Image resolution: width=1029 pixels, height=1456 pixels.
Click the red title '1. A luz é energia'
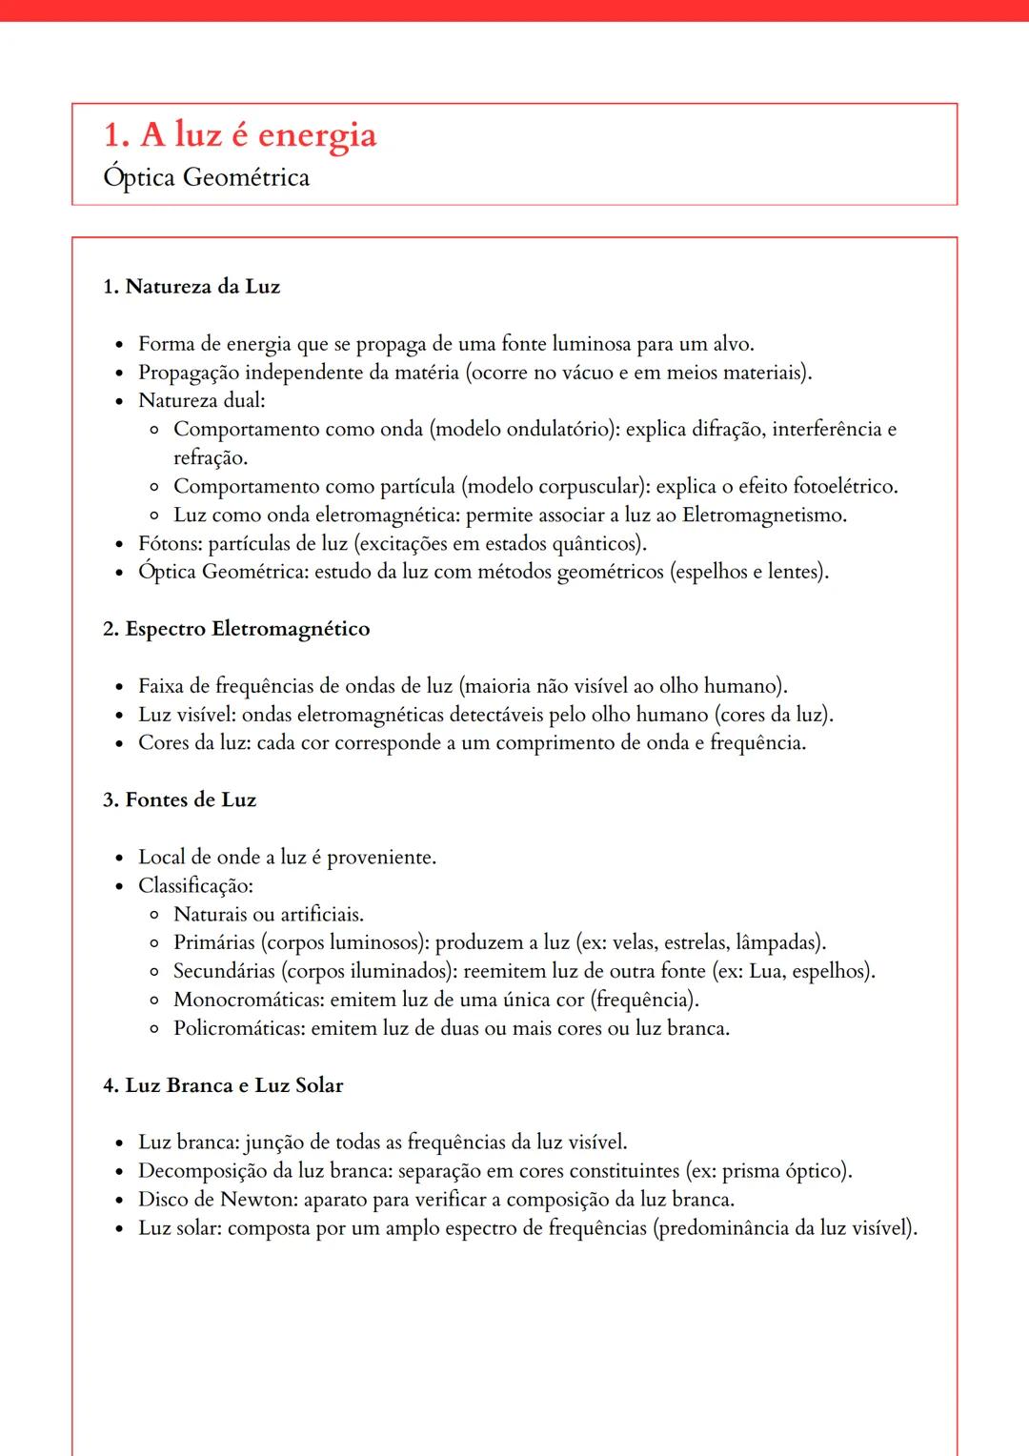[x=239, y=135]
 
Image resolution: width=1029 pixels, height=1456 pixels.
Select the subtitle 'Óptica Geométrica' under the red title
[x=206, y=178]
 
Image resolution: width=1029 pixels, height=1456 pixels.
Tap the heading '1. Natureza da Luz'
[x=192, y=287]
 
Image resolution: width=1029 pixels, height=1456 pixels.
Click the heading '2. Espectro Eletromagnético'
[x=236, y=629]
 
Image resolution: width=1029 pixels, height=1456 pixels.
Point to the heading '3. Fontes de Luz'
[x=179, y=800]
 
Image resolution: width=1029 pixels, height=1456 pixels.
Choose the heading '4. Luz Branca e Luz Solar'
[x=223, y=1085]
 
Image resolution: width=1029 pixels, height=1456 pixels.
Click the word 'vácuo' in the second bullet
[x=588, y=373]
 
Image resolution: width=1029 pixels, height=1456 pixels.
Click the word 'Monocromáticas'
[x=248, y=1000]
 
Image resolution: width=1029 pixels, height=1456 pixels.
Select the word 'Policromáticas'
[x=238, y=1028]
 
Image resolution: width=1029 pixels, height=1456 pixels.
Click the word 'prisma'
[x=752, y=1171]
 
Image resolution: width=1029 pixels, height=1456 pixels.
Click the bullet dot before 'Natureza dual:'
[x=119, y=402]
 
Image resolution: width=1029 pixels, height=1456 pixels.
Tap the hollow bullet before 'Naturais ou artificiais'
[x=154, y=916]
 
